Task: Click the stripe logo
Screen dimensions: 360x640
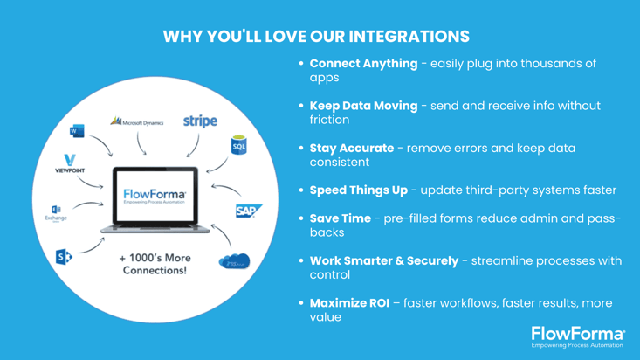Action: tap(200, 121)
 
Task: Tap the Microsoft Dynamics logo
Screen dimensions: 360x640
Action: tap(137, 122)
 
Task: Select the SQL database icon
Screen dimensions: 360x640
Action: tap(238, 145)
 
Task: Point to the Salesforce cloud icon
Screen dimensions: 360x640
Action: tap(233, 261)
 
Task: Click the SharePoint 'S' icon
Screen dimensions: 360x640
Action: tap(63, 257)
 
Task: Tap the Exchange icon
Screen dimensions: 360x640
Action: tap(56, 212)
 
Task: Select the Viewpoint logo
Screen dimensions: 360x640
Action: tap(70, 164)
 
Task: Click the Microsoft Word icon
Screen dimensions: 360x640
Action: tap(75, 131)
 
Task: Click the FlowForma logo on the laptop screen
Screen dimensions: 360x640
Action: tap(155, 196)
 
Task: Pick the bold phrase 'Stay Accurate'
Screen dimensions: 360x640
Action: tap(351, 148)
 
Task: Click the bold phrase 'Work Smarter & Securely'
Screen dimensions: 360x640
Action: tap(383, 260)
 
